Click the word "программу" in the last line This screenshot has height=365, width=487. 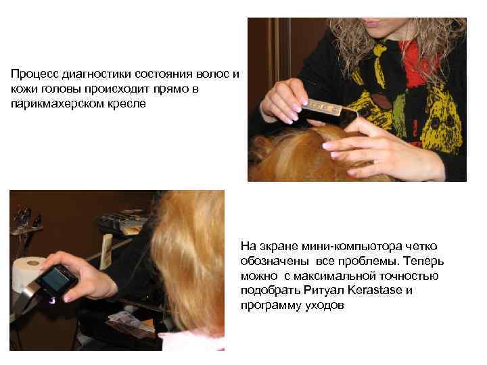pyautogui.click(x=268, y=306)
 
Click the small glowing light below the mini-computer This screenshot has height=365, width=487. pyautogui.click(x=52, y=301)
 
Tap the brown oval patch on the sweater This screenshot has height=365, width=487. pyautogui.click(x=381, y=102)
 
